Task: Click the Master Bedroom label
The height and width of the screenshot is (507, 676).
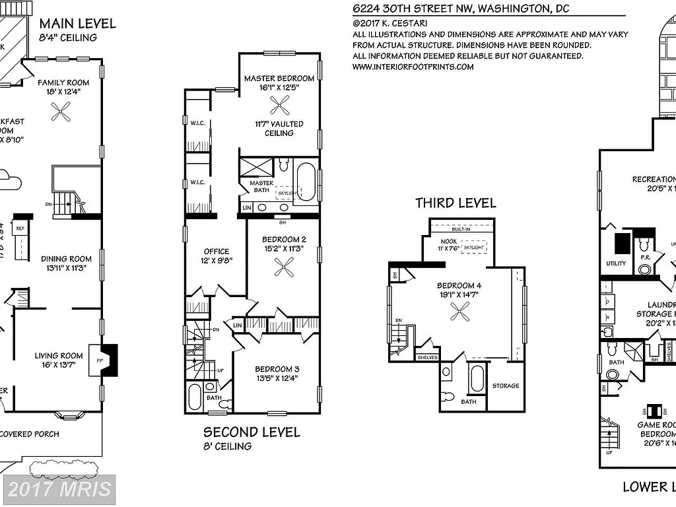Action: pos(278,78)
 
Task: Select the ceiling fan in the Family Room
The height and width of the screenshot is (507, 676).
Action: pos(62,114)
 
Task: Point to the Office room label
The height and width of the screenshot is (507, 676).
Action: pos(216,251)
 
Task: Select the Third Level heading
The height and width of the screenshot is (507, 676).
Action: pos(455,203)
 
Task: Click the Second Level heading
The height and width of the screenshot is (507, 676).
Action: pos(251,432)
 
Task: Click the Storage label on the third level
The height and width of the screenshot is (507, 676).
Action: pos(506,386)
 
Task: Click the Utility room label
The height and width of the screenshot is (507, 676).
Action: pos(615,263)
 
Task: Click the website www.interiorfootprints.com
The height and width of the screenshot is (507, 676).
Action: pos(413,67)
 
